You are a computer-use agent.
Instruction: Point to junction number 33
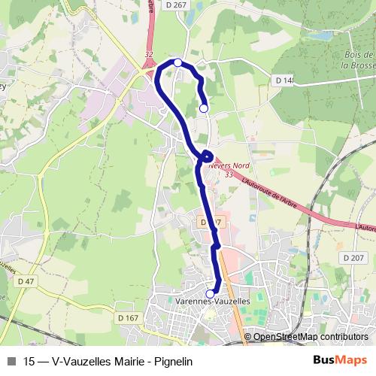pos(229,174)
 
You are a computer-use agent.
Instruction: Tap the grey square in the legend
pos(11,360)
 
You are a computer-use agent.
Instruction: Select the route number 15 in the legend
pos(29,360)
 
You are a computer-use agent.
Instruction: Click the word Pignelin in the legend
pos(174,360)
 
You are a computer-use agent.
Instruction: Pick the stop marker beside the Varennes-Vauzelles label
pos(210,293)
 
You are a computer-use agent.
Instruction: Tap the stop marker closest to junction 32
pos(177,62)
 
